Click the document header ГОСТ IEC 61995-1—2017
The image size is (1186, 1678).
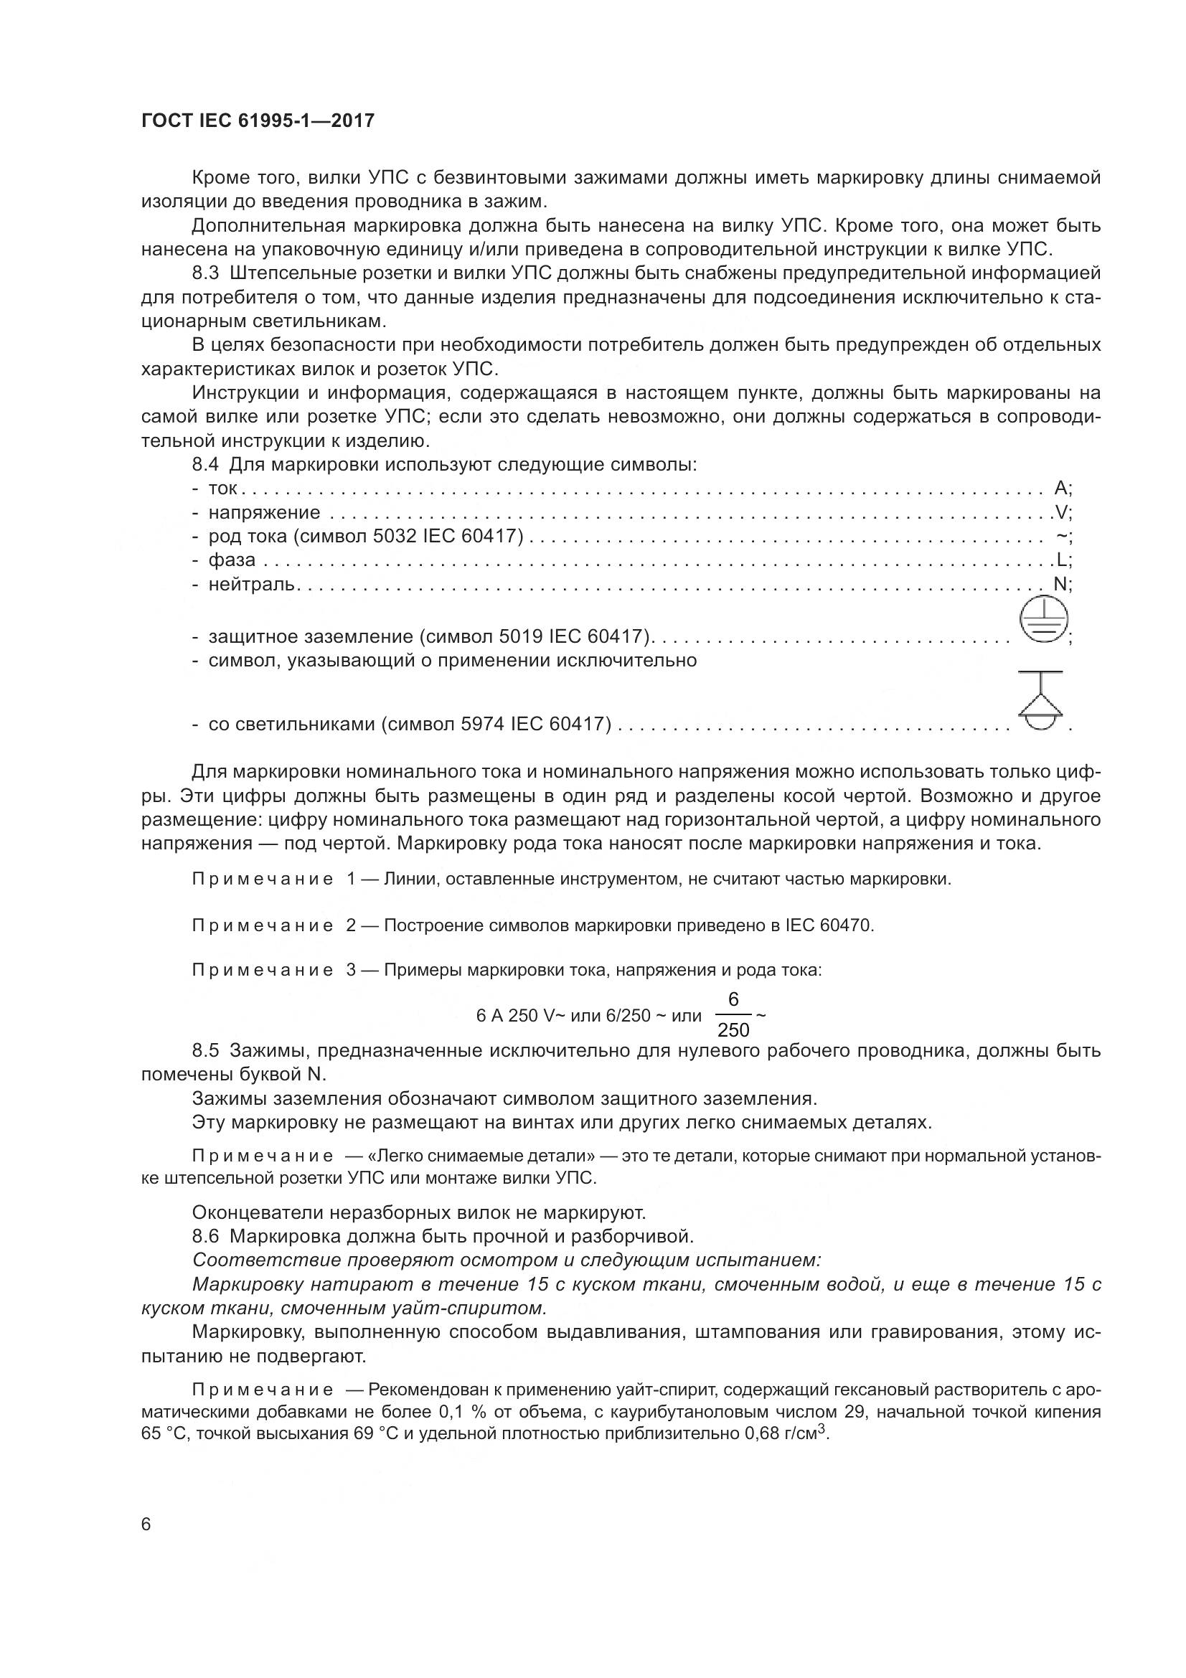tap(258, 121)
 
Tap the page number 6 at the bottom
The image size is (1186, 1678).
tap(146, 1524)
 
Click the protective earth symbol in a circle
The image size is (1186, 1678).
tap(1043, 621)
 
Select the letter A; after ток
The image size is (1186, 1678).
tap(1062, 489)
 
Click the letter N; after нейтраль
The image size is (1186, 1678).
tap(1061, 584)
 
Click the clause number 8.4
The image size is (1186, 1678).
tap(205, 464)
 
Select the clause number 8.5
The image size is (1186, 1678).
tap(205, 1051)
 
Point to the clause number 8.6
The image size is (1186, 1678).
tap(205, 1237)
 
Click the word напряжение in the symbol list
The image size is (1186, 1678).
tap(264, 512)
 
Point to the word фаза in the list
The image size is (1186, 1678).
tap(232, 560)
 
